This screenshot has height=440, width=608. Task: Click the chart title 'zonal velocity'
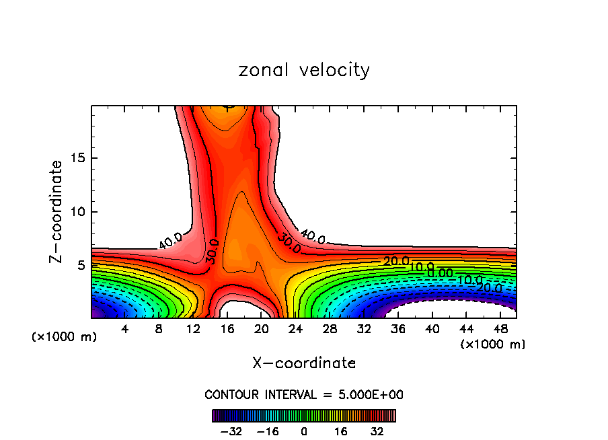tap(304, 70)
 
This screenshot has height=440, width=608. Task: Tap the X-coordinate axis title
tap(304, 363)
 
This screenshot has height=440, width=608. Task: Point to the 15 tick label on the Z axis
tap(76, 159)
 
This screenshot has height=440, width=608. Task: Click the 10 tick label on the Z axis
tap(76, 212)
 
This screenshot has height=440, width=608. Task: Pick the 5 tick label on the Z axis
tap(79, 265)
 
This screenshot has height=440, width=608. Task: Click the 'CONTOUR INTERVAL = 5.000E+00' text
tap(304, 394)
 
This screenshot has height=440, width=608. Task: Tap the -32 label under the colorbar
tap(234, 431)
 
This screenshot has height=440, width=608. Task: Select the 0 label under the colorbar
tap(304, 431)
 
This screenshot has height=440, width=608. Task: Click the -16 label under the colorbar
tap(268, 431)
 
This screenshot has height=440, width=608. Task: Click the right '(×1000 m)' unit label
tap(492, 344)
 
